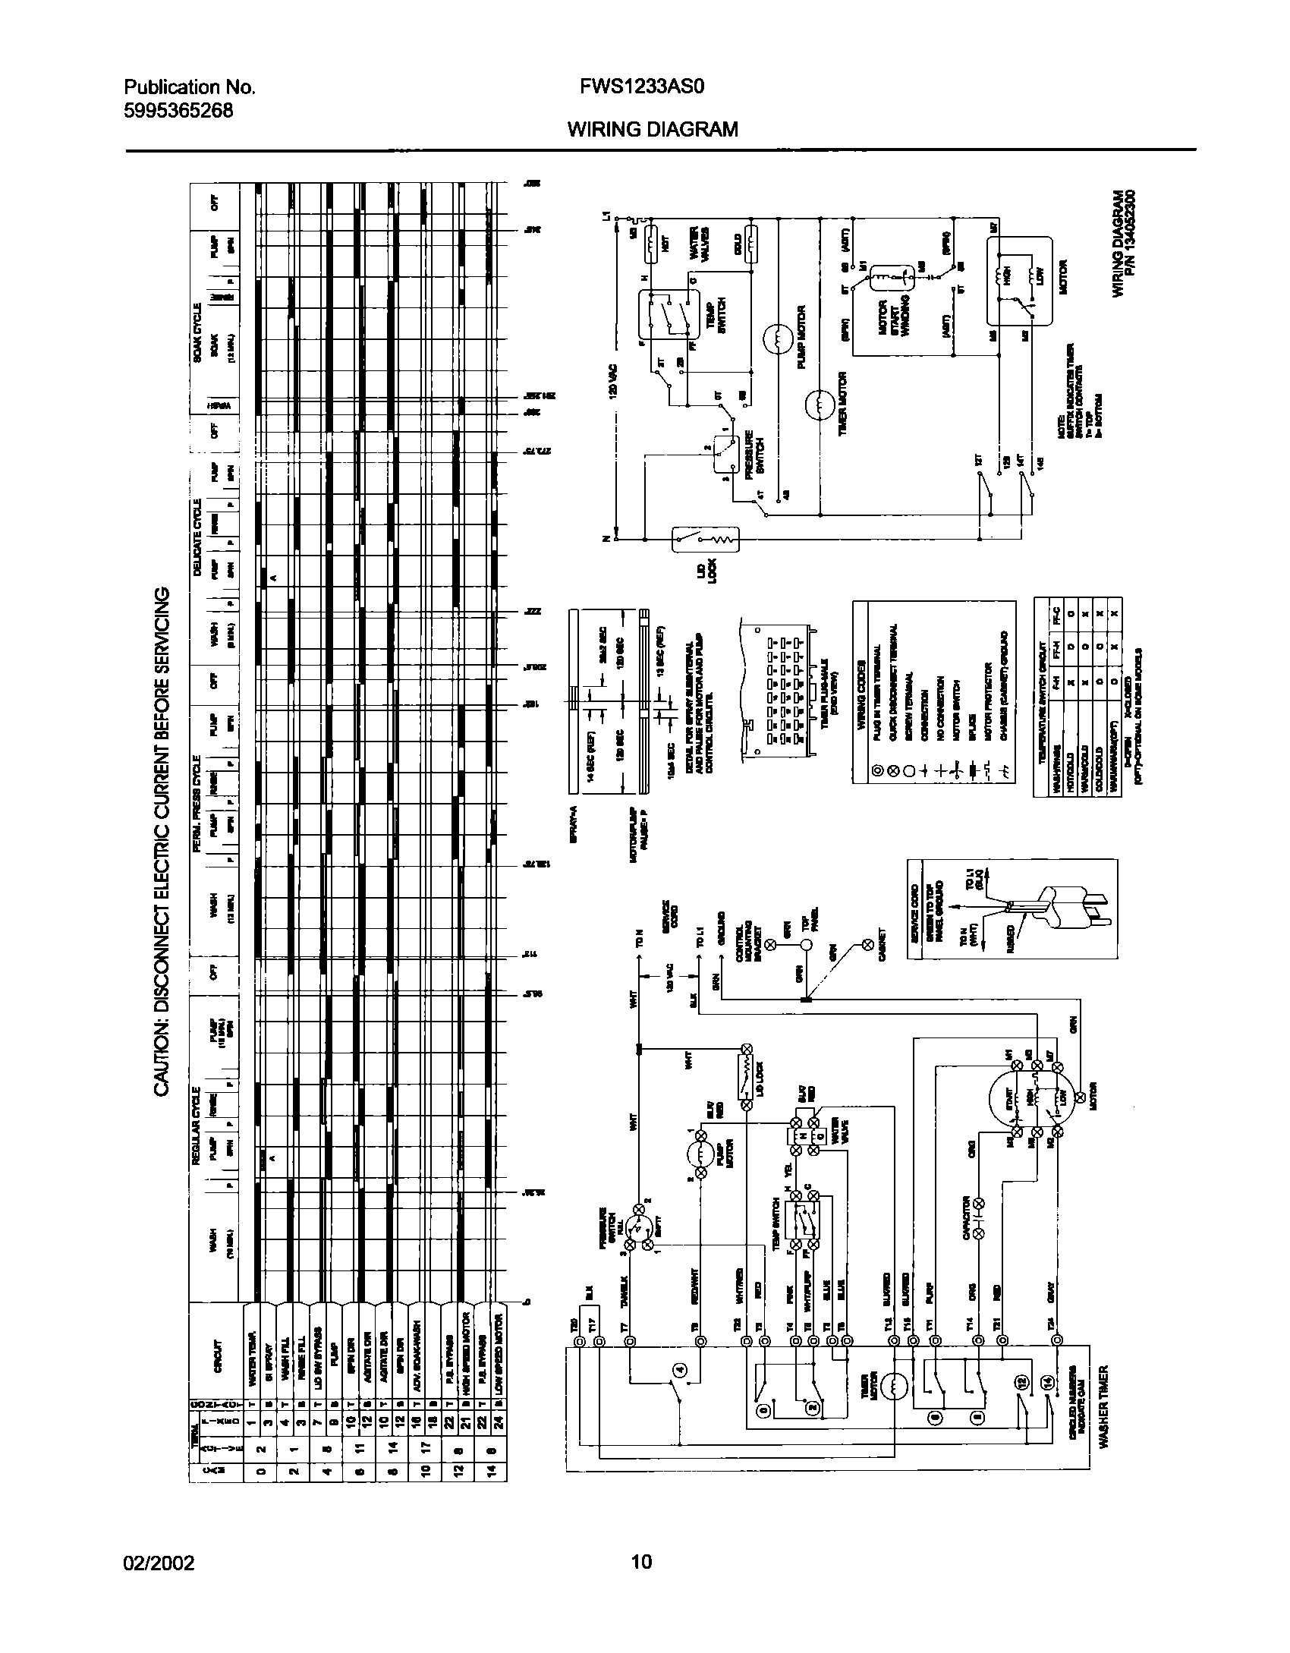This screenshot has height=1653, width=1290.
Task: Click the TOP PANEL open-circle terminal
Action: (808, 945)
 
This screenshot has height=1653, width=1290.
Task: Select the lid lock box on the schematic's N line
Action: (705, 540)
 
